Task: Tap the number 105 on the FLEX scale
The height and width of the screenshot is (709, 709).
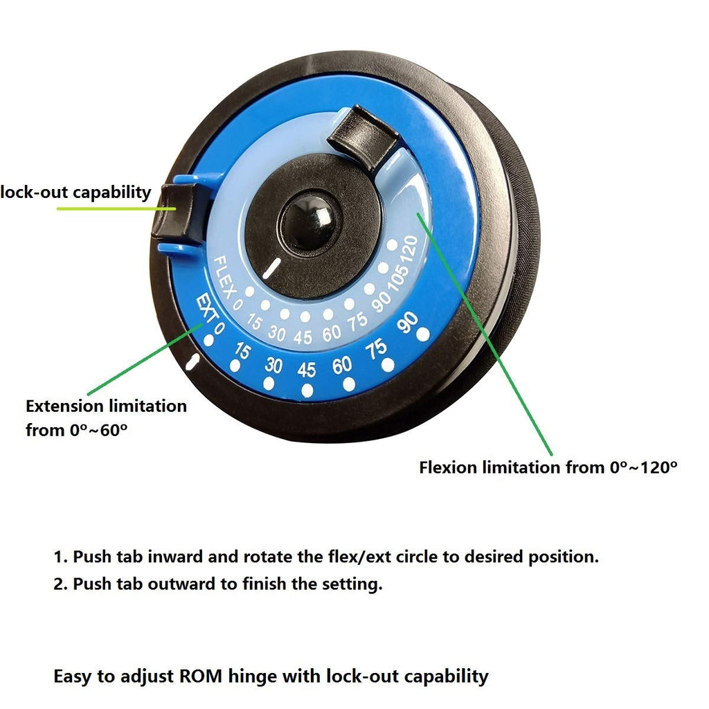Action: pos(398,277)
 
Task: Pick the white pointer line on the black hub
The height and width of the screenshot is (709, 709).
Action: pos(271,269)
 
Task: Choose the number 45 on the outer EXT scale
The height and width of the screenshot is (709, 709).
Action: pos(306,370)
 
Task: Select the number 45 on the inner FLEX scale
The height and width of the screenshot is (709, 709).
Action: pos(303,337)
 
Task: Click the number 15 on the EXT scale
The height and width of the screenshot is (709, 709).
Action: pos(242,350)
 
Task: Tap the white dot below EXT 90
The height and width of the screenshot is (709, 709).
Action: pos(423,335)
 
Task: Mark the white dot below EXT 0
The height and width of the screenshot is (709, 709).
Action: pos(209,340)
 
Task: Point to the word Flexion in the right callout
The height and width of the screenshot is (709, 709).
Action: pos(448,467)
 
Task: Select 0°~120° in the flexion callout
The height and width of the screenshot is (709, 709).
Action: pos(643,467)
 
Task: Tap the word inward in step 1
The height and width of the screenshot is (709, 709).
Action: pos(175,557)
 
